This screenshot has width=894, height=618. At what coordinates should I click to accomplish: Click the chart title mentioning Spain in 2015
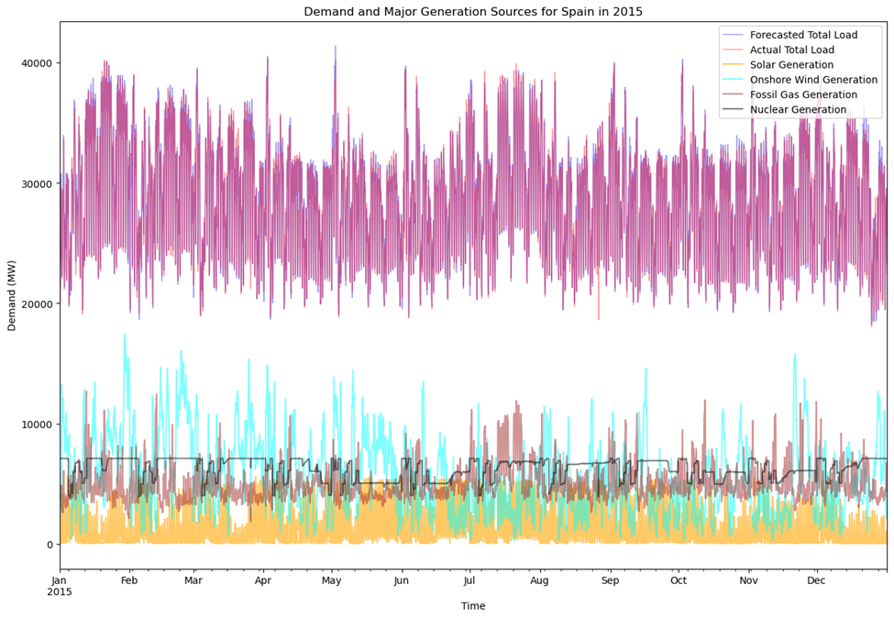coord(473,12)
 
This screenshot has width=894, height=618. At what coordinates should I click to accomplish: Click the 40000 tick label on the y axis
coord(34,63)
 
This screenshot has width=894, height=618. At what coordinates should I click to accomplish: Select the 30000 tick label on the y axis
coord(34,183)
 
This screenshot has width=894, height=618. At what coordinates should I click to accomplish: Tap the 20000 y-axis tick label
coord(34,304)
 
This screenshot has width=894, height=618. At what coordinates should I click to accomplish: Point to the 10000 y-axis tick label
coord(34,425)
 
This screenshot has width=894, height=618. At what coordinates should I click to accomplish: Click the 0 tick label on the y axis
coord(50,545)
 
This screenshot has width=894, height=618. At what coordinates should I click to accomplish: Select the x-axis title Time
coord(473,606)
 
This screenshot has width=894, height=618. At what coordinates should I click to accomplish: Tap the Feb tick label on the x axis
coord(129,580)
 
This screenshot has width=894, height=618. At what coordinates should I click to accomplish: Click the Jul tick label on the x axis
coord(469,580)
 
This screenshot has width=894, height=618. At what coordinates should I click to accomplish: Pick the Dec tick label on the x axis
coord(817,580)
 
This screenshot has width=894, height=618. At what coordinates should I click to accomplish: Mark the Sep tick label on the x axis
coord(611,580)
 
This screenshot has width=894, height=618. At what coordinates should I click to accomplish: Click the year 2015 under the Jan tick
coord(60,592)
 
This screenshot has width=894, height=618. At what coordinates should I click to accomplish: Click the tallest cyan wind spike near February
coord(125,336)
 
